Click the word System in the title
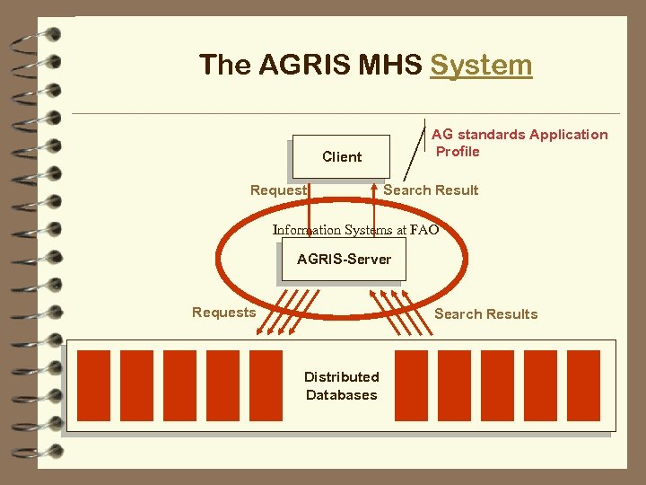coord(481,65)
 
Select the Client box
coord(341,156)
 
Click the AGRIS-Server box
coord(344,260)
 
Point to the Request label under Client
coord(278,190)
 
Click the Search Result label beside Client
coord(431,190)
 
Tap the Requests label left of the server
coord(223,313)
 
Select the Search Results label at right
coord(485,313)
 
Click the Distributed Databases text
coord(341,385)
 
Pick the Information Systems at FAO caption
coord(355,230)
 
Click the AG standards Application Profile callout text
coord(519,143)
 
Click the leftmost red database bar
coord(94,385)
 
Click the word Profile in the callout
coord(458,151)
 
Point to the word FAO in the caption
coord(424,230)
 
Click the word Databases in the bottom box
coord(341,395)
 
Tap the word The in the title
coord(225,65)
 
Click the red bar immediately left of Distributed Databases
coord(266,385)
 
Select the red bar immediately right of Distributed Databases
coord(411,385)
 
